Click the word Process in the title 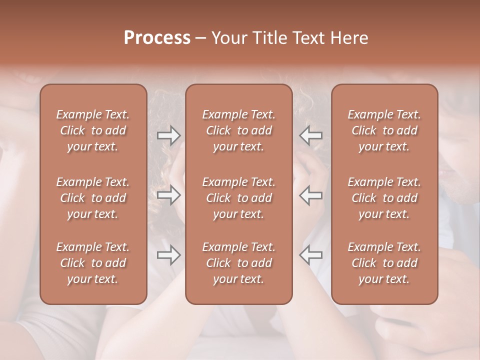[x=157, y=38]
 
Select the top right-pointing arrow [x=169, y=135]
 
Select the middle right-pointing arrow [x=169, y=195]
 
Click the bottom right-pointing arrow [x=169, y=255]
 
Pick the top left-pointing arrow [x=310, y=135]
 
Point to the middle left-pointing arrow [x=310, y=195]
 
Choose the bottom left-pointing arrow [x=310, y=255]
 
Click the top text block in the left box [x=93, y=130]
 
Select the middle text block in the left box [x=93, y=198]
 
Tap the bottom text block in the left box [x=93, y=263]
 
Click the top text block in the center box [x=239, y=130]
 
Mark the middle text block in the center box [x=239, y=198]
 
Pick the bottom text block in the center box [x=239, y=263]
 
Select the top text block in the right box [x=384, y=130]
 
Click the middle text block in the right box [x=384, y=198]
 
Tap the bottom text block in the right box [x=384, y=263]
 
